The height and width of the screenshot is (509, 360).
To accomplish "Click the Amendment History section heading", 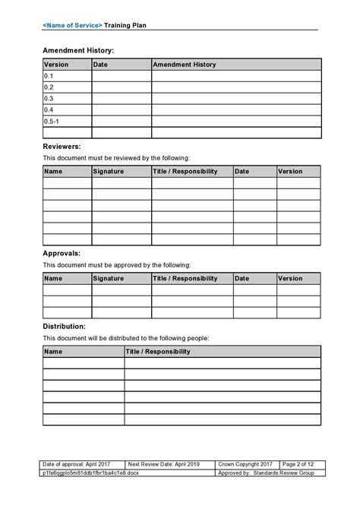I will [78, 50].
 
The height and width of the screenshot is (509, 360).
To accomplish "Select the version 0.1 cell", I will [67, 76].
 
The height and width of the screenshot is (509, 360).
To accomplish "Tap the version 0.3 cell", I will [67, 98].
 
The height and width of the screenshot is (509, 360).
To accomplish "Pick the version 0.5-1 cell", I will [67, 121].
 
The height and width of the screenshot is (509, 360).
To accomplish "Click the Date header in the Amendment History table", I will [122, 65].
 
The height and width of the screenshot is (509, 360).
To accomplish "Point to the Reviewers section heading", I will [62, 146].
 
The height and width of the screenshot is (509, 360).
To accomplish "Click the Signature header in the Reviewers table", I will [122, 172].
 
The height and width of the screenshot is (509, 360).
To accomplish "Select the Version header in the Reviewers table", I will [298, 172].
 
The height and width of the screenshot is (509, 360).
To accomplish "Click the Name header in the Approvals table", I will [67, 279].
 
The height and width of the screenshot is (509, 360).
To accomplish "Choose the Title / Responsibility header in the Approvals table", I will [192, 279].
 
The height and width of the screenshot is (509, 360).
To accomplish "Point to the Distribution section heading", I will [64, 326].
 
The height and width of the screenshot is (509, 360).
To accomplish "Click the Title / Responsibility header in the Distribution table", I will [222, 352].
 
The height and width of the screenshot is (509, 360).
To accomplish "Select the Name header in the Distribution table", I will [83, 352].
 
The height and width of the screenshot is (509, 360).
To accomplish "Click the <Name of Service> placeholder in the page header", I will [72, 25].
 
